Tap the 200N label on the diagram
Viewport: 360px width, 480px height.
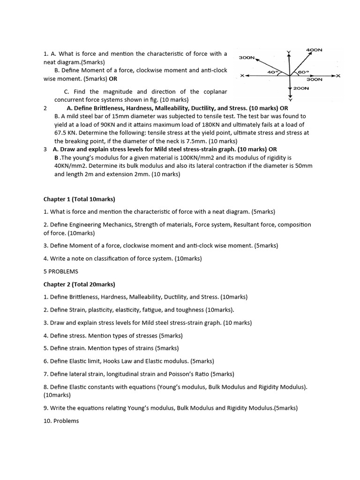click(x=301, y=88)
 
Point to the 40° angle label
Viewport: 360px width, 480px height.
click(x=272, y=73)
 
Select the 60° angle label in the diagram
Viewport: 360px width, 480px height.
click(x=303, y=73)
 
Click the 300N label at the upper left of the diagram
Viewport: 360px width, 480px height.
click(x=247, y=57)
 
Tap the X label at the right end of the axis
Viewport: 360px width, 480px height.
click(x=338, y=76)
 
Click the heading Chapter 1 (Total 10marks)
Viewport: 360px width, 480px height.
click(x=79, y=199)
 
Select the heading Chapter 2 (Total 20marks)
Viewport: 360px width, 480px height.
click(x=79, y=284)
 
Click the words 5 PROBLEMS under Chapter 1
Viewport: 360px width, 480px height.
click(x=61, y=271)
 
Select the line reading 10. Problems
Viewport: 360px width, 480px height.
click(x=61, y=420)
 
